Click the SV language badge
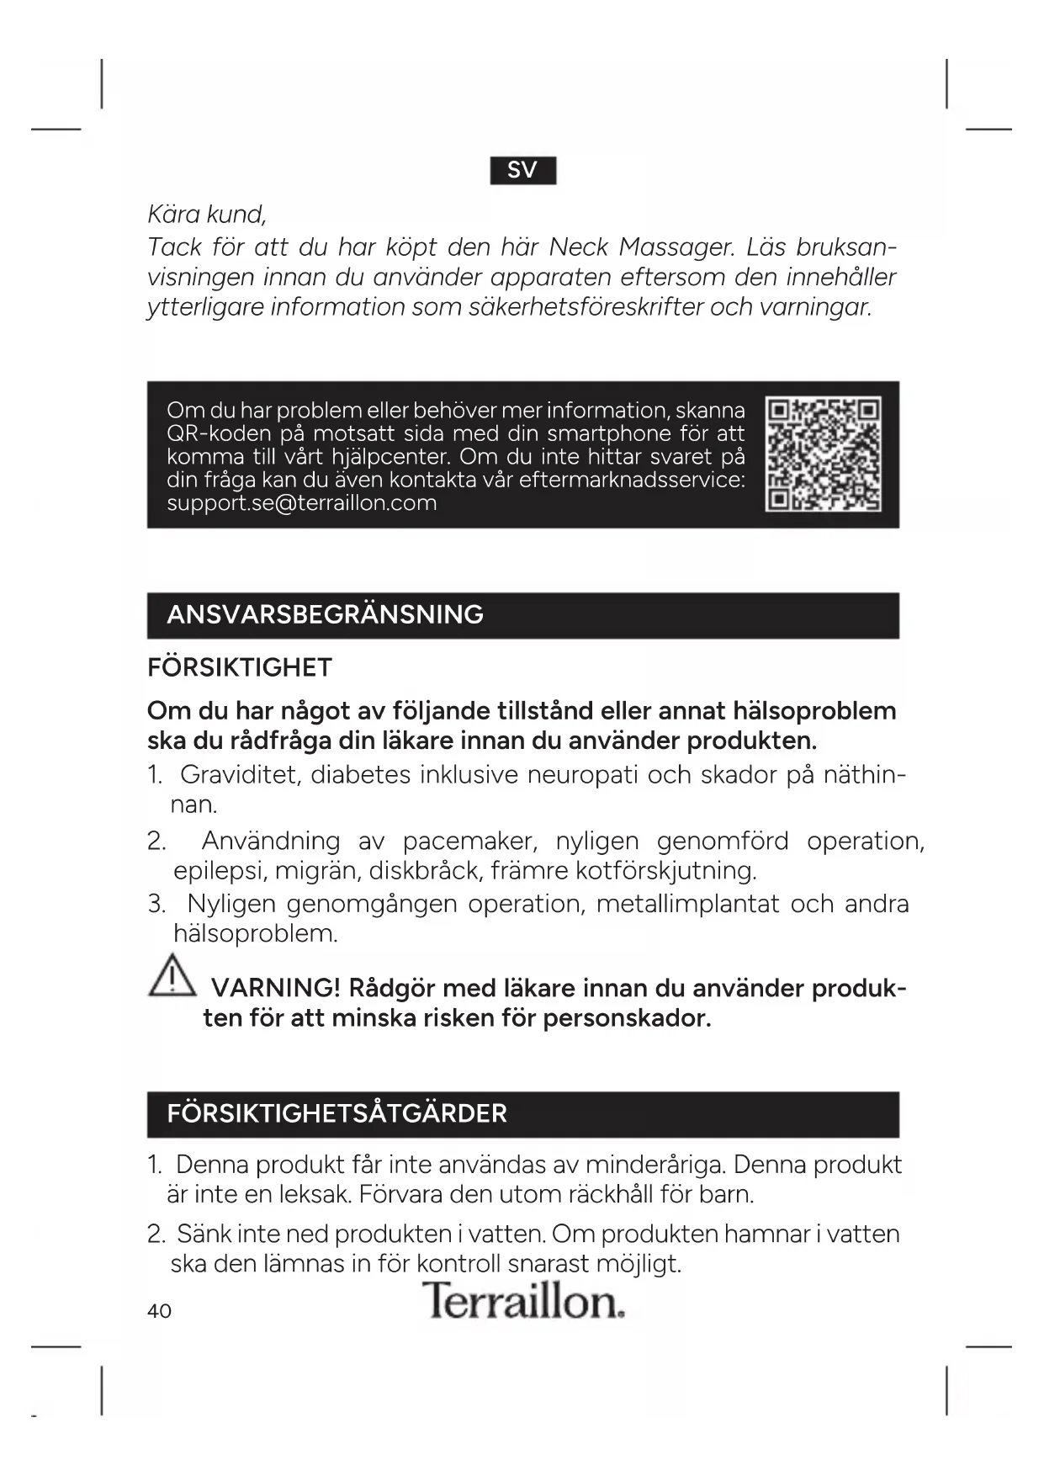[x=522, y=170]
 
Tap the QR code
[x=823, y=454]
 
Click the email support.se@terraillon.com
[x=301, y=503]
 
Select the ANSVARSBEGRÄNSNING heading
[x=325, y=614]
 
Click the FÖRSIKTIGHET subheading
[x=240, y=667]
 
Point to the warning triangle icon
[x=172, y=976]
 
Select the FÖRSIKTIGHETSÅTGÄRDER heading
[x=337, y=1113]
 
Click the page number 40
[x=159, y=1311]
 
